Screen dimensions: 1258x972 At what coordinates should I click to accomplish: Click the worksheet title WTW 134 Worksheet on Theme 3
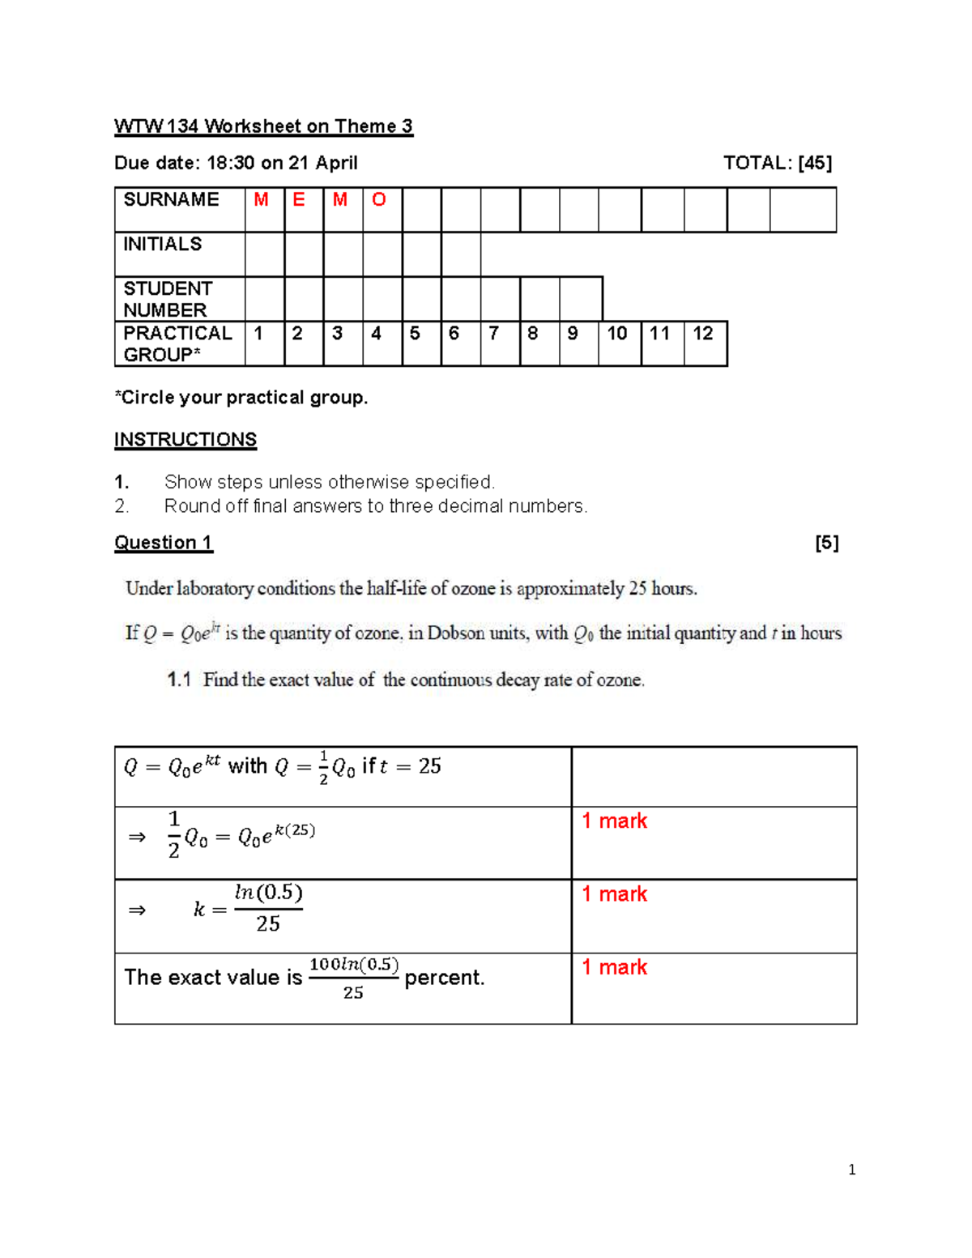pyautogui.click(x=263, y=126)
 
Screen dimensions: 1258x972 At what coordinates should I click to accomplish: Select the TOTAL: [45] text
pyautogui.click(x=777, y=163)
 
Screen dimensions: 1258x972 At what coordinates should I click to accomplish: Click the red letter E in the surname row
pyautogui.click(x=299, y=200)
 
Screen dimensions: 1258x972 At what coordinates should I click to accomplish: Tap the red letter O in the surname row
pyautogui.click(x=378, y=200)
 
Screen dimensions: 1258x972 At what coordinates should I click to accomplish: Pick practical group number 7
pyautogui.click(x=493, y=334)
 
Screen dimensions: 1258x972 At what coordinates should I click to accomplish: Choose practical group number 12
pyautogui.click(x=702, y=334)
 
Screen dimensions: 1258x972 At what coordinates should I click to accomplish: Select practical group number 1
pyautogui.click(x=258, y=334)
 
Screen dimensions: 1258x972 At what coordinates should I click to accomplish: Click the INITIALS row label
pyautogui.click(x=163, y=244)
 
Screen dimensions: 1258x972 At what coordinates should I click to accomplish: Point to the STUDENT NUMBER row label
pyautogui.click(x=167, y=299)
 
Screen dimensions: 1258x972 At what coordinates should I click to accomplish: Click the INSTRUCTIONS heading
pyautogui.click(x=185, y=440)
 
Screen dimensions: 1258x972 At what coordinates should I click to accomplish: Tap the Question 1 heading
pyautogui.click(x=163, y=543)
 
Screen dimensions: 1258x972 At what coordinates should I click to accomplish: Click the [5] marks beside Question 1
pyautogui.click(x=826, y=543)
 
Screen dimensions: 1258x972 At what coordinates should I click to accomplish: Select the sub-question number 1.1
pyautogui.click(x=179, y=680)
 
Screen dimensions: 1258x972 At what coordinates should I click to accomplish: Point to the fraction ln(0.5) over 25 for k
pyautogui.click(x=268, y=908)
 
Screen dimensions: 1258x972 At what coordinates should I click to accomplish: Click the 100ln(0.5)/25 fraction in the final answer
pyautogui.click(x=354, y=978)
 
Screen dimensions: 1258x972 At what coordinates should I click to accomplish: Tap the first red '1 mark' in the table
pyautogui.click(x=614, y=821)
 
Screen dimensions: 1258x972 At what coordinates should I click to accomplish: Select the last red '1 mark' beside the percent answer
pyautogui.click(x=614, y=967)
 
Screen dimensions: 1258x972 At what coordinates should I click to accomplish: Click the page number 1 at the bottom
pyautogui.click(x=851, y=1169)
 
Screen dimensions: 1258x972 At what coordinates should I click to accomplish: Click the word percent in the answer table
pyautogui.click(x=444, y=978)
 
